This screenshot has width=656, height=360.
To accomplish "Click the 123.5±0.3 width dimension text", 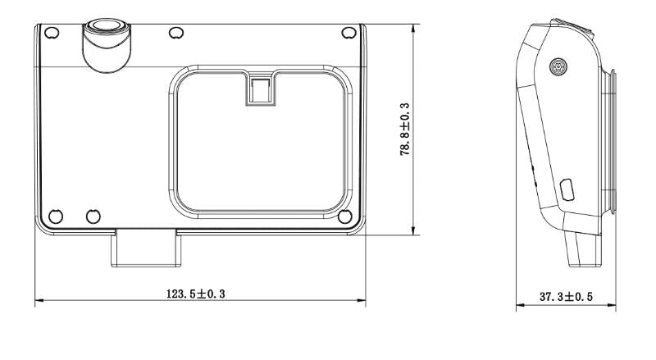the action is click(196, 294).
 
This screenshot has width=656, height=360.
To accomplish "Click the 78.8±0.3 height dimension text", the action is click(405, 130).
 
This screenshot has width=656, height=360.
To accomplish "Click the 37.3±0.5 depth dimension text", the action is click(566, 297).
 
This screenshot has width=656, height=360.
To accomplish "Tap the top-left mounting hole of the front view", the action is click(52, 33).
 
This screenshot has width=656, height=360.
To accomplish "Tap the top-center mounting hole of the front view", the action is click(176, 33).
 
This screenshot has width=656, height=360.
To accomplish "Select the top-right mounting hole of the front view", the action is click(348, 33).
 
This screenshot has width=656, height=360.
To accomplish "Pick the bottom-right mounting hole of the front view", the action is click(344, 216).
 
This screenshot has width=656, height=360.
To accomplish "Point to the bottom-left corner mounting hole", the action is click(56, 216).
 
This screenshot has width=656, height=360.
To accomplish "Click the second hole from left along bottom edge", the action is click(93, 216).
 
